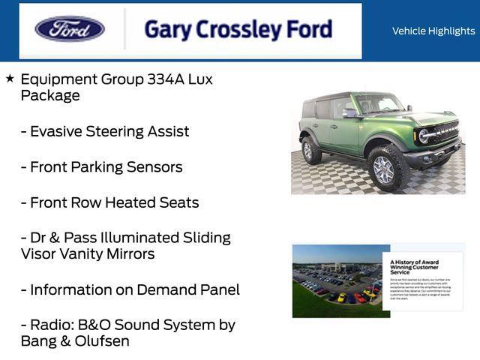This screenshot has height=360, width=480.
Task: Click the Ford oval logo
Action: [x=70, y=29]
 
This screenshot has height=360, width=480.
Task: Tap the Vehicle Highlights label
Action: [x=433, y=31]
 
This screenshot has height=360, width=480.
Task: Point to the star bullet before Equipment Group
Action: [x=10, y=78]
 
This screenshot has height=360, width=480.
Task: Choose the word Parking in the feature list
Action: [x=100, y=166]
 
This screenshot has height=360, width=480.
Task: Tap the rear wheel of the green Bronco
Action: [x=311, y=150]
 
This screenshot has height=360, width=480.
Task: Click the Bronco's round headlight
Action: [x=424, y=136]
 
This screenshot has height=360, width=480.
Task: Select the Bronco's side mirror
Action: [x=349, y=114]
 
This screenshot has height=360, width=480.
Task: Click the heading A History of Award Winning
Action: [x=414, y=268]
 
